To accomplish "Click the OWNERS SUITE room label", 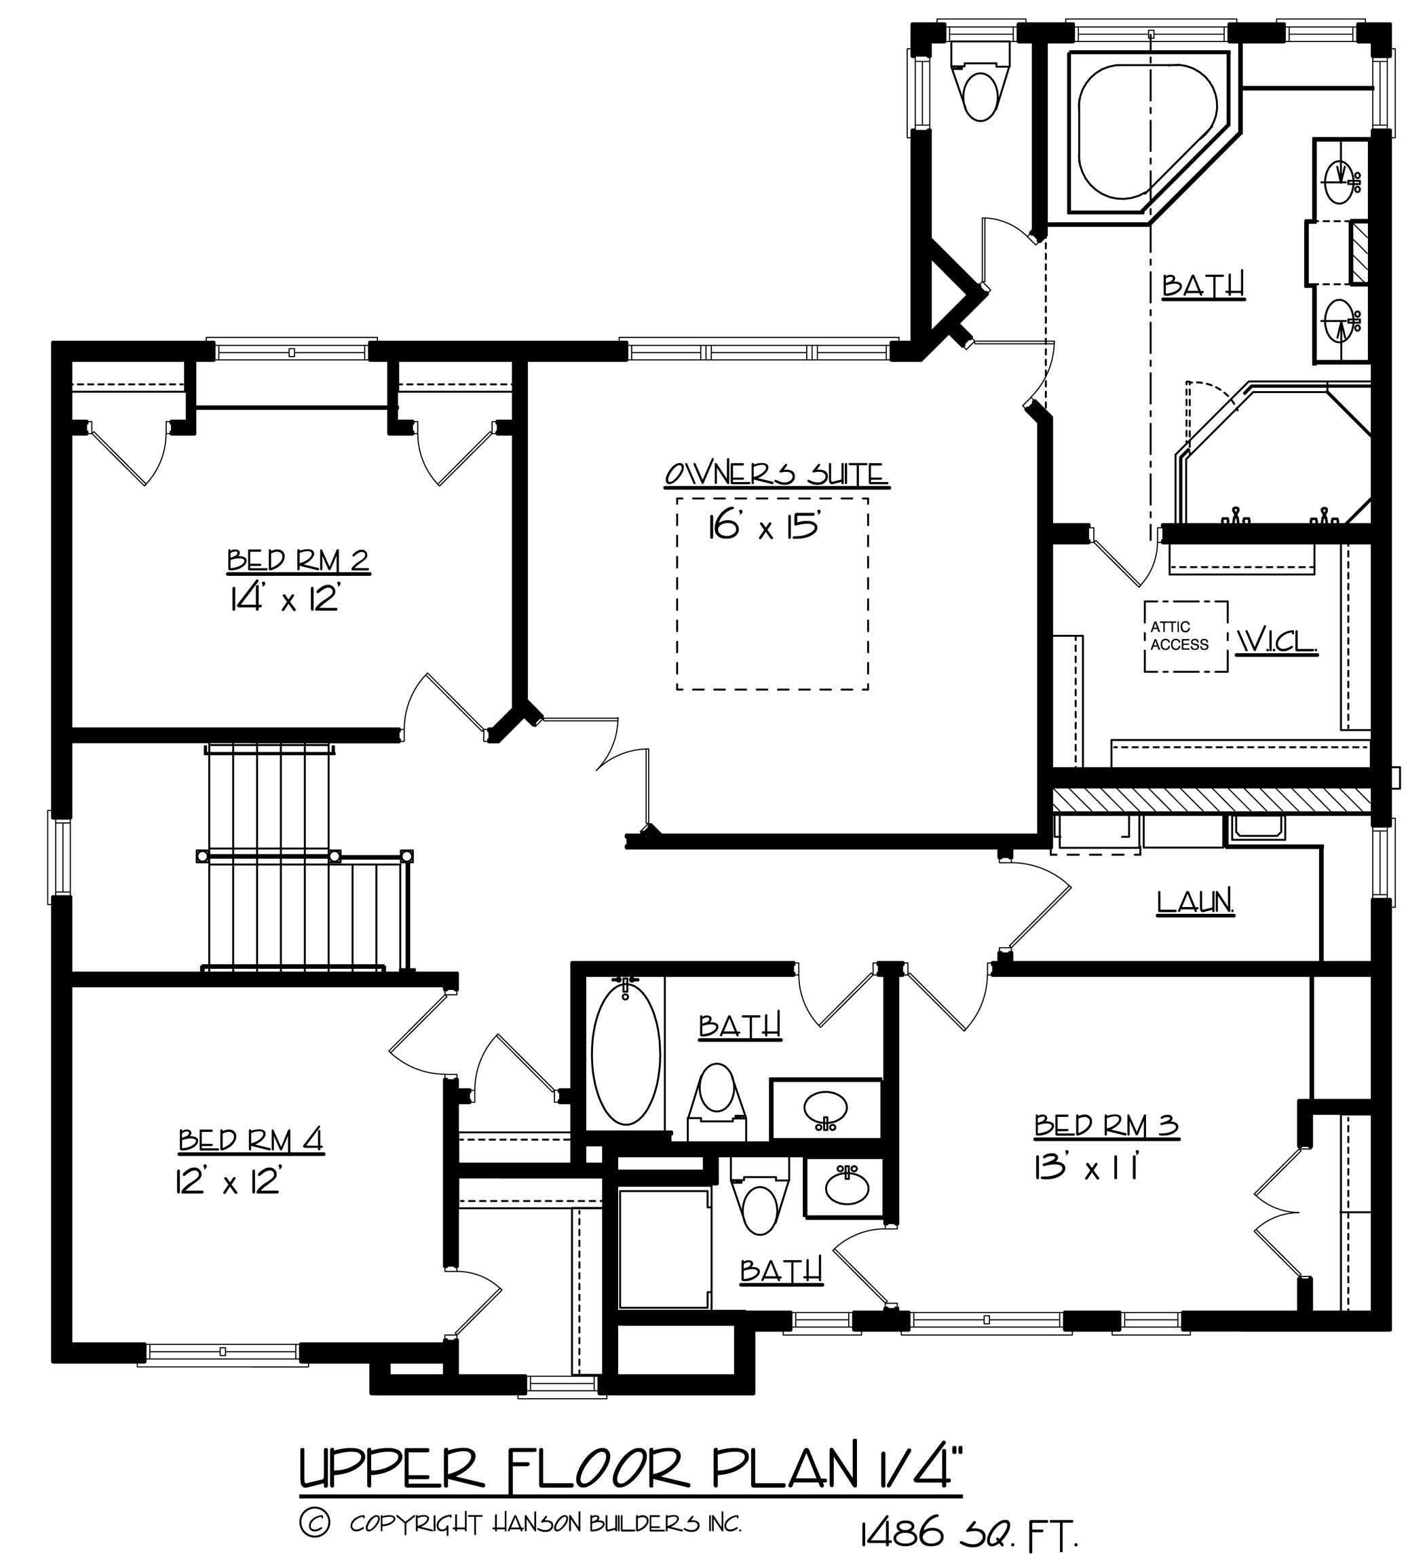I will click(776, 474).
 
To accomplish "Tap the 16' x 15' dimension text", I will click(763, 528).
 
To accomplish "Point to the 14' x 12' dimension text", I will click(284, 600).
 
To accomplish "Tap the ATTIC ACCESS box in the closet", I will click(1185, 636).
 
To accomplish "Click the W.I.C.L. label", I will click(1276, 640).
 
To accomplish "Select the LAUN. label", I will click(1195, 902).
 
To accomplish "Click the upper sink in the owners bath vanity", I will click(1340, 181).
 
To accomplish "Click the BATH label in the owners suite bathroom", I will click(1204, 285).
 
